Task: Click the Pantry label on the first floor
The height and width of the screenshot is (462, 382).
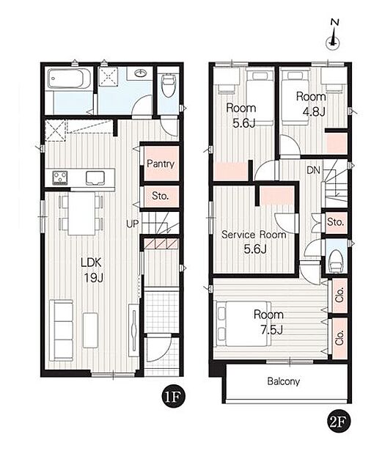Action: point(161,164)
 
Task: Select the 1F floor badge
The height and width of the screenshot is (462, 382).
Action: point(173,397)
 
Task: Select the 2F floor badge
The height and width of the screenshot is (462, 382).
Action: point(339,422)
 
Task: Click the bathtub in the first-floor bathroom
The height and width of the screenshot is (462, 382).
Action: point(70,78)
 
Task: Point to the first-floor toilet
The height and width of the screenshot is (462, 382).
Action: point(169,85)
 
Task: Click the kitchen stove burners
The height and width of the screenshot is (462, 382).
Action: point(60,177)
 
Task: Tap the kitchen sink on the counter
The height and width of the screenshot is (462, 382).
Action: point(95,178)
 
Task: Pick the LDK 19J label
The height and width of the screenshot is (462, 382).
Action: point(92,270)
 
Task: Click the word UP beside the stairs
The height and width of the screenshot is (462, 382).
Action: point(133,224)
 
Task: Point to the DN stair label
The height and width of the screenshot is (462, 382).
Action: point(313,170)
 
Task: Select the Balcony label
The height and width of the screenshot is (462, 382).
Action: point(283,381)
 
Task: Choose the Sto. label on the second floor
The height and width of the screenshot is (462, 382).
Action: point(336,222)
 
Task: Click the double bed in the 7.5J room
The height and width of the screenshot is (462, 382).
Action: point(243,324)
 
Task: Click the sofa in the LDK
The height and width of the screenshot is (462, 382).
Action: point(62,330)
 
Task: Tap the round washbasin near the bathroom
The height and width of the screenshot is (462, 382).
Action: point(141,73)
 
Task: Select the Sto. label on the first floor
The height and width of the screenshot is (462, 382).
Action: point(161,196)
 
